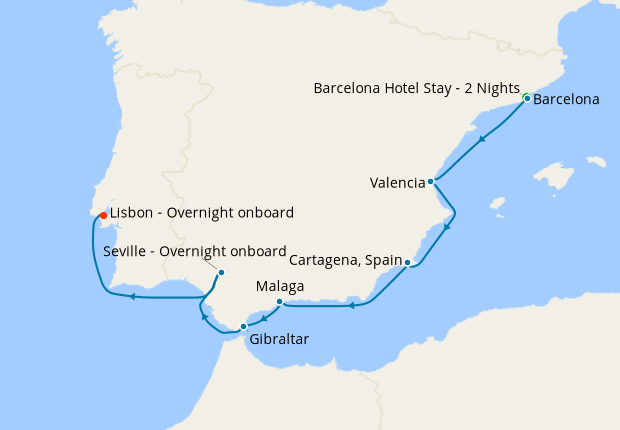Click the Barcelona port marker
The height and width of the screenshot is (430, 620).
(x=526, y=98)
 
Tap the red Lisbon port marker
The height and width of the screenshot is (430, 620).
(x=103, y=215)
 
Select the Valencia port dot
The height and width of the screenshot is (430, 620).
(x=431, y=182)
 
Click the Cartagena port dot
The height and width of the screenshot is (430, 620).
(x=408, y=262)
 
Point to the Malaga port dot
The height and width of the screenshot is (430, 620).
(x=279, y=301)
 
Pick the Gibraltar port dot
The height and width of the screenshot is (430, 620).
(x=243, y=326)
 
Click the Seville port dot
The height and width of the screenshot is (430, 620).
(x=221, y=272)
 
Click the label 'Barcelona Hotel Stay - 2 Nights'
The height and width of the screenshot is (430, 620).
(x=417, y=88)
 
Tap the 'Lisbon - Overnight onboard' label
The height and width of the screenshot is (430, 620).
(x=201, y=212)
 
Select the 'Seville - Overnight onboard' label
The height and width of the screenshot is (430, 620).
(x=195, y=251)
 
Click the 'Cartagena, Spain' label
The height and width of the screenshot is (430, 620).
(x=345, y=260)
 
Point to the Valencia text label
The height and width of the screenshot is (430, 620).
(x=397, y=183)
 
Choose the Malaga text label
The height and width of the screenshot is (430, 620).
(x=280, y=286)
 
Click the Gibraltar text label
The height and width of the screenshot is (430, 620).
(x=279, y=339)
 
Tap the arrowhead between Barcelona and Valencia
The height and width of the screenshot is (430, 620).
(x=482, y=139)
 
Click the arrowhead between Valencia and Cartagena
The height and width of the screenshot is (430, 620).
(x=447, y=227)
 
